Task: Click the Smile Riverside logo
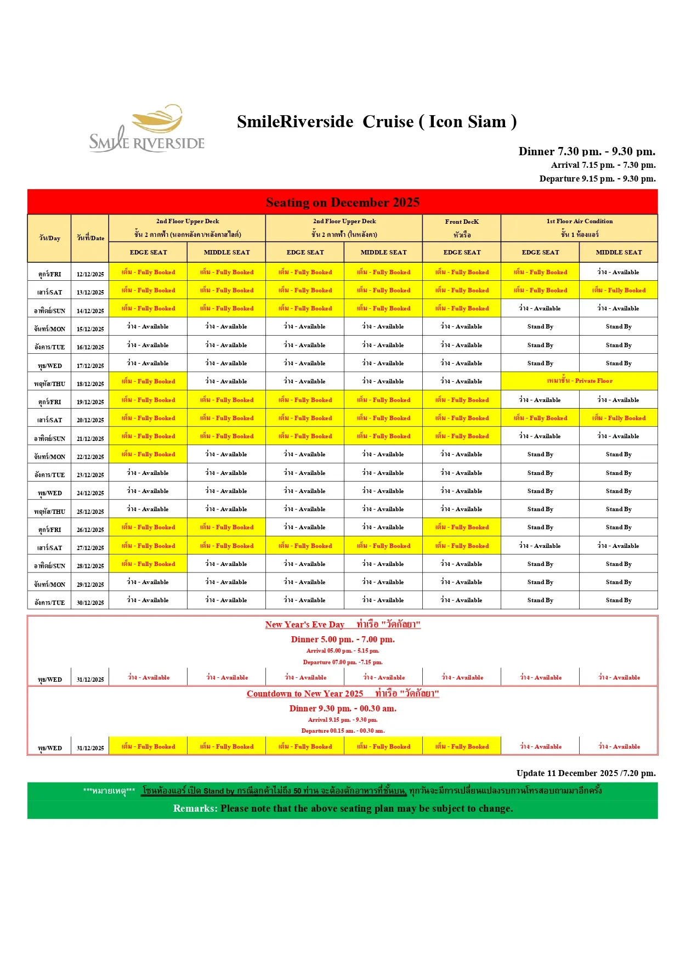[x=147, y=129]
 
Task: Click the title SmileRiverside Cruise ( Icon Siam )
[x=376, y=122]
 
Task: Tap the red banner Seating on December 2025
[x=342, y=202]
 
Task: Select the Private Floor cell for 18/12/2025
[x=579, y=381]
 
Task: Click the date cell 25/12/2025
[x=90, y=511]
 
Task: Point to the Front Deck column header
[x=462, y=228]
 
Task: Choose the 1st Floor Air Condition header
[x=579, y=228]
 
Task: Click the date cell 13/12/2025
[x=90, y=292]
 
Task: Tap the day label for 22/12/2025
[x=49, y=456]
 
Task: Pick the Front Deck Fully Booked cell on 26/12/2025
[x=462, y=527]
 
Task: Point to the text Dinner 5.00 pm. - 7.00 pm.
[x=342, y=640]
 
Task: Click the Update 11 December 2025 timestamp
[x=586, y=773]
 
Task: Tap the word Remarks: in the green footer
[x=195, y=808]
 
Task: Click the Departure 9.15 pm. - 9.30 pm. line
[x=597, y=178]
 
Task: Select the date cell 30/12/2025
[x=90, y=602]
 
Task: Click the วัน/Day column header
[x=49, y=238]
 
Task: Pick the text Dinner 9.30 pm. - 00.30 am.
[x=342, y=709]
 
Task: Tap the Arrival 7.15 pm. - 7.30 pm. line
[x=603, y=165]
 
